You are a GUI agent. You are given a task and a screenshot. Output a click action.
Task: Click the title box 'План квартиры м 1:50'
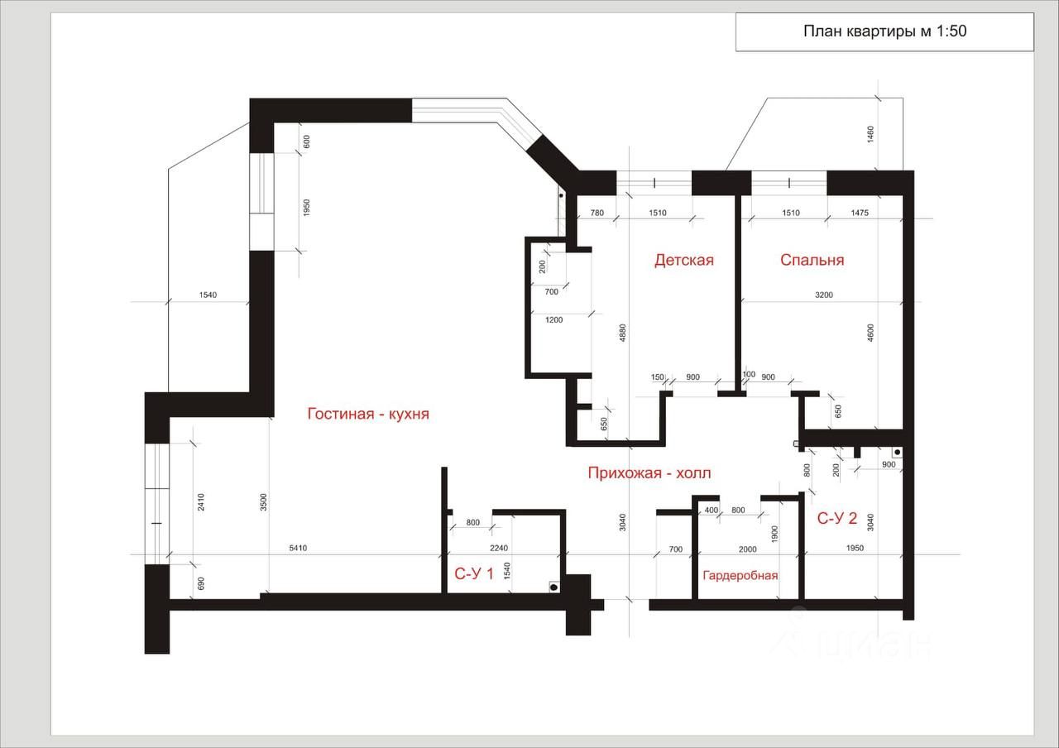[884, 32]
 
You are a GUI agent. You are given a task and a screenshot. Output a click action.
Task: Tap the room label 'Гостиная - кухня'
[368, 414]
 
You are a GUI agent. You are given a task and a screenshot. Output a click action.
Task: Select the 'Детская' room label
[683, 260]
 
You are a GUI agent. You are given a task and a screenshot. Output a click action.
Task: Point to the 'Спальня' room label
[812, 260]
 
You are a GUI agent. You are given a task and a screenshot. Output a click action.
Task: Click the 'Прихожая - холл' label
[649, 473]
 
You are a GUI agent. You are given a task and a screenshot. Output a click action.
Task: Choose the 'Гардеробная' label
[740, 575]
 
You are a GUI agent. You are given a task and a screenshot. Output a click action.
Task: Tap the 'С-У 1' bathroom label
[474, 573]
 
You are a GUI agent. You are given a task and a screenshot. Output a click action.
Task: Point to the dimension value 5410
[300, 548]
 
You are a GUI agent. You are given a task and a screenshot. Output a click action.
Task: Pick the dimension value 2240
[498, 548]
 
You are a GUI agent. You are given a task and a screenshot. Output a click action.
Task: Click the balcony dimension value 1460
[870, 135]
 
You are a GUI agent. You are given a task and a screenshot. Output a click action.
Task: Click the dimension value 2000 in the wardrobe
[747, 548]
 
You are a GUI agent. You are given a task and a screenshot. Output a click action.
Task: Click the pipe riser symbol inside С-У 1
[553, 587]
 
